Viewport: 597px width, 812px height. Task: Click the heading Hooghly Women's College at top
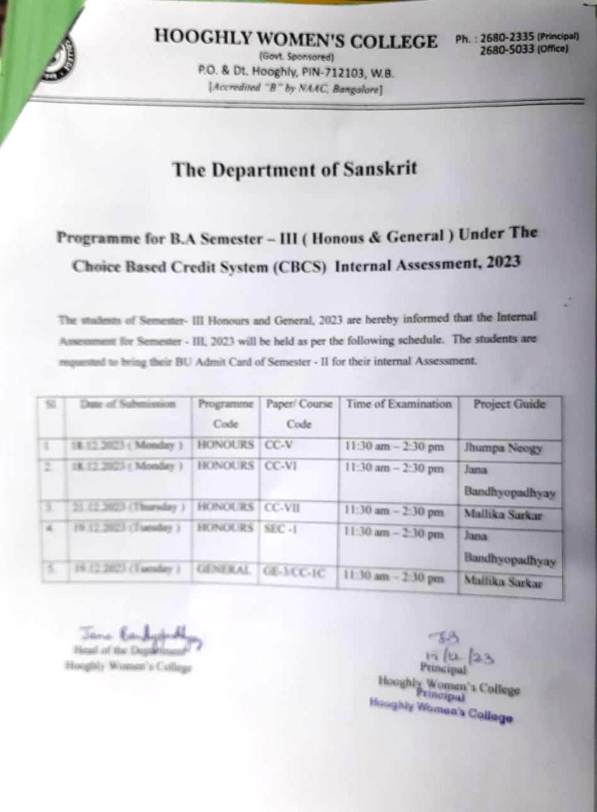click(x=295, y=41)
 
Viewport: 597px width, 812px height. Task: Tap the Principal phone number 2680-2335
click(x=504, y=39)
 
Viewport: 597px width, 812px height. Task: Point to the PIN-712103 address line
click(x=295, y=74)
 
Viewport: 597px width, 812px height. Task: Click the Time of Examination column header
click(x=399, y=404)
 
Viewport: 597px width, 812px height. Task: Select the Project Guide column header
click(x=510, y=404)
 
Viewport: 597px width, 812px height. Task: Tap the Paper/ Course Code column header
click(x=298, y=413)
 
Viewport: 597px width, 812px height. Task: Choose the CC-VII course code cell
click(x=282, y=507)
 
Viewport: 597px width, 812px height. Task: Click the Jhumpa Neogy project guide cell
click(x=503, y=448)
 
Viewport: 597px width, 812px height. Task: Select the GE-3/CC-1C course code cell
click(x=294, y=573)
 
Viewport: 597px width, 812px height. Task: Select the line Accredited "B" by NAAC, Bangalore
click(x=295, y=89)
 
